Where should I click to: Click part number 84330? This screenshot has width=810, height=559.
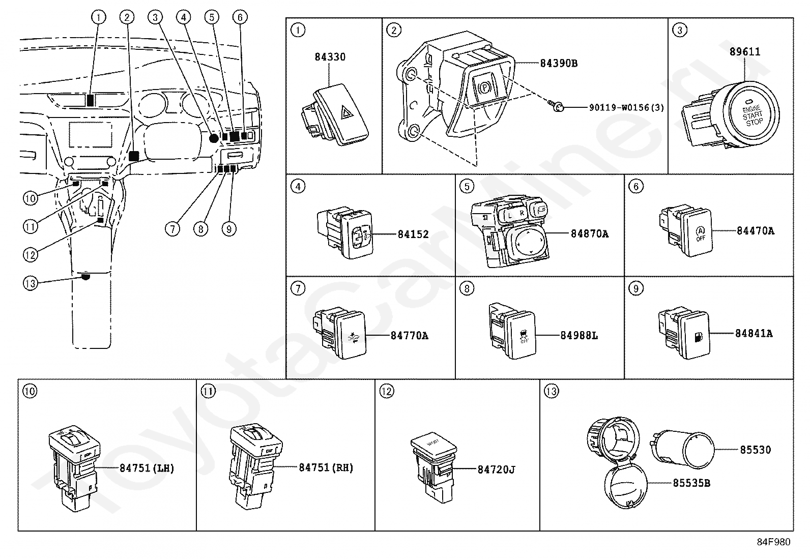tap(330, 57)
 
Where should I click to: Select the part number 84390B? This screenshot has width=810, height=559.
tap(558, 64)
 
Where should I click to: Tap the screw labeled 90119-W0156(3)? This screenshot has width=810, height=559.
tap(558, 107)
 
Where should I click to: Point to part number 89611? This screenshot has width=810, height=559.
tap(744, 51)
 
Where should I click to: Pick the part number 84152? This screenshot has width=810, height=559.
tap(413, 234)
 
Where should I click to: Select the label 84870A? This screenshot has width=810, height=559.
tap(589, 234)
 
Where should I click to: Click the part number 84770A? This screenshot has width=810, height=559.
tap(409, 336)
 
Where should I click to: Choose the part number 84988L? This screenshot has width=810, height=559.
tap(579, 336)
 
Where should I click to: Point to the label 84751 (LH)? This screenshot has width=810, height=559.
tap(147, 468)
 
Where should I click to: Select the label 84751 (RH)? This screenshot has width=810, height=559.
tap(326, 468)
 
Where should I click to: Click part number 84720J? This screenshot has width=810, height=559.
tap(496, 470)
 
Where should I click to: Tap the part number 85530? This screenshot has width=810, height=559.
tap(755, 450)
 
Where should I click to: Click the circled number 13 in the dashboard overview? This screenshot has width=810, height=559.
tap(31, 283)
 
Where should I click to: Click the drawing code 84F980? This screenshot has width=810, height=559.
tap(773, 542)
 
